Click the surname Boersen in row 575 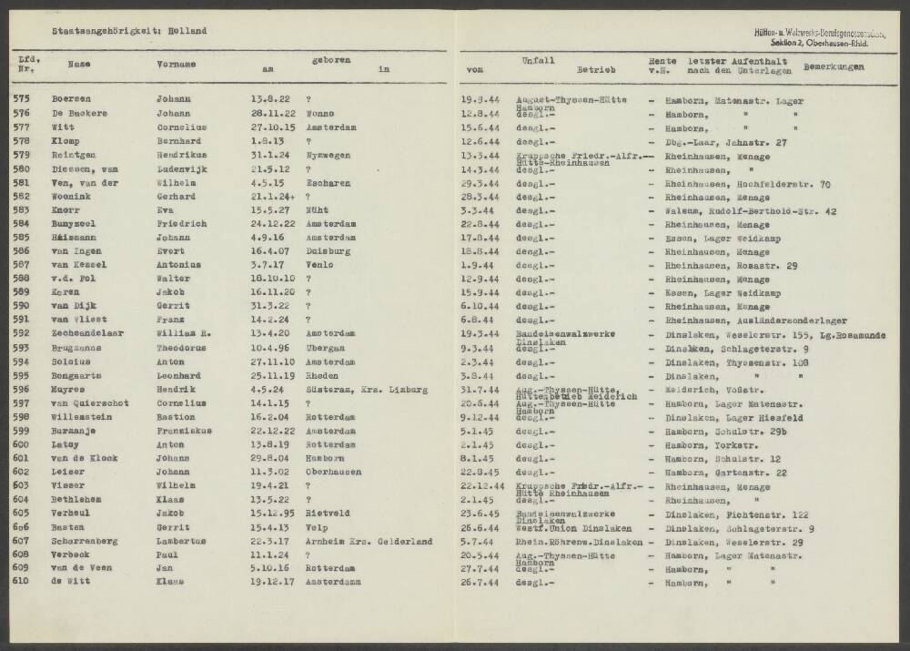tap(72, 98)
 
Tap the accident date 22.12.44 tap(484, 486)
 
